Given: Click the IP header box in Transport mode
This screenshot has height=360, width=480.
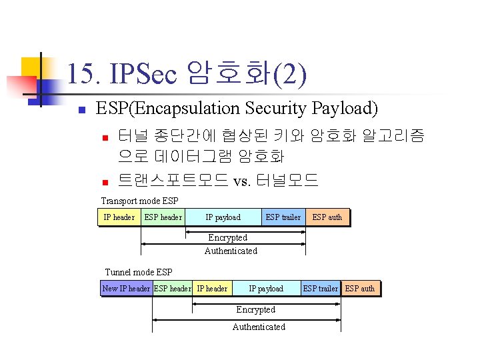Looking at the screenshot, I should click(x=119, y=217).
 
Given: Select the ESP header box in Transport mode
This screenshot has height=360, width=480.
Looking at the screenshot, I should click(x=163, y=217).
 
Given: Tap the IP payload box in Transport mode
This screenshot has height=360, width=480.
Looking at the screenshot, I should click(x=223, y=217).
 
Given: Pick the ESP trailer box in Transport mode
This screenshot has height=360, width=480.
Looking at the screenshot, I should click(x=283, y=217).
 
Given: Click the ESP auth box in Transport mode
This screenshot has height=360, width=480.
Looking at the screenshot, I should click(x=327, y=217).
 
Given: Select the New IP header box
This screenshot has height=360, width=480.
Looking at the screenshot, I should click(x=125, y=289).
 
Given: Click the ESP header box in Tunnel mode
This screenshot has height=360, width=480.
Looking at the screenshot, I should click(x=172, y=289).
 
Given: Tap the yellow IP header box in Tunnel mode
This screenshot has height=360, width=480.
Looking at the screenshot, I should click(x=212, y=289).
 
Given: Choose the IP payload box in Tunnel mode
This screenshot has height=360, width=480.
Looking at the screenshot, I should click(x=266, y=289).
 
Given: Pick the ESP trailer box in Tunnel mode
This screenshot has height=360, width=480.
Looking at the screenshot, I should click(x=320, y=289).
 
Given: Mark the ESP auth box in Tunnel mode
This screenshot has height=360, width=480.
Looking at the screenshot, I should click(x=360, y=289).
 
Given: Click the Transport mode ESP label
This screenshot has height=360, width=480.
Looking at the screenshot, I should click(x=139, y=201).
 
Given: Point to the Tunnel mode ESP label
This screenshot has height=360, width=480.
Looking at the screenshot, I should click(x=139, y=272).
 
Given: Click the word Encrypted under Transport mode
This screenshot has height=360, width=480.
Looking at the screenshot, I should click(x=227, y=238).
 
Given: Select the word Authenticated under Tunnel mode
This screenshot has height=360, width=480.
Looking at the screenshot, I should click(x=259, y=327).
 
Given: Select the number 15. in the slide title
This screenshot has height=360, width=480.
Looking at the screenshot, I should click(x=80, y=74).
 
